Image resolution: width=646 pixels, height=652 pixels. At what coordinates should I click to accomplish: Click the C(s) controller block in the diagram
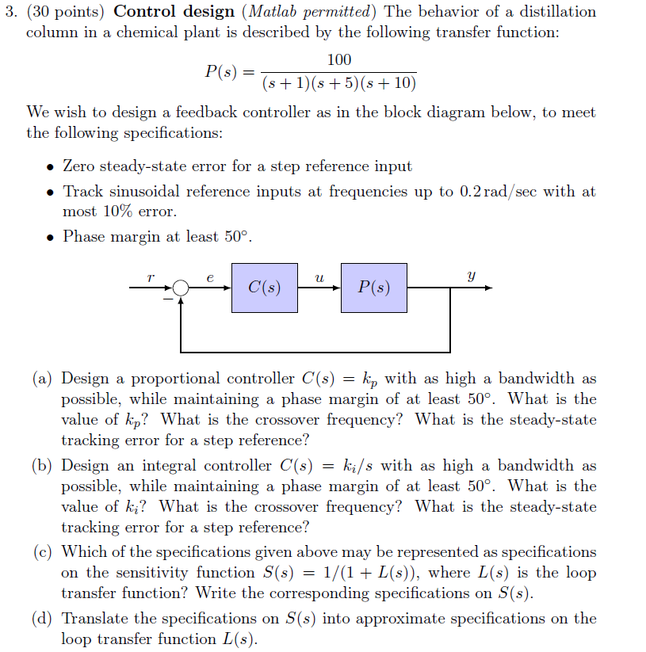(x=265, y=288)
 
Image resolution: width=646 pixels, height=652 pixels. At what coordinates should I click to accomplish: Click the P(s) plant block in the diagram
(x=374, y=288)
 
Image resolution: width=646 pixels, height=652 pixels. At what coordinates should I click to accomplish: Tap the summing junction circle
(x=182, y=288)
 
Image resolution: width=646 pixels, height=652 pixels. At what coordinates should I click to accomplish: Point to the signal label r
(x=150, y=277)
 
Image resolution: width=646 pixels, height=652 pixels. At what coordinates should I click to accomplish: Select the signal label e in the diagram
(x=210, y=278)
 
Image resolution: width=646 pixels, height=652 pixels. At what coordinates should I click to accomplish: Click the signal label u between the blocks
(x=319, y=278)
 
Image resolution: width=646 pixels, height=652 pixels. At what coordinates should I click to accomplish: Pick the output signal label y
(x=472, y=277)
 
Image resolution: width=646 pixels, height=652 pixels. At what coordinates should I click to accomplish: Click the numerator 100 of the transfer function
(x=338, y=60)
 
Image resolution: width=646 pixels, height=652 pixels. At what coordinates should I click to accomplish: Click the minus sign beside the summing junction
(x=167, y=299)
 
